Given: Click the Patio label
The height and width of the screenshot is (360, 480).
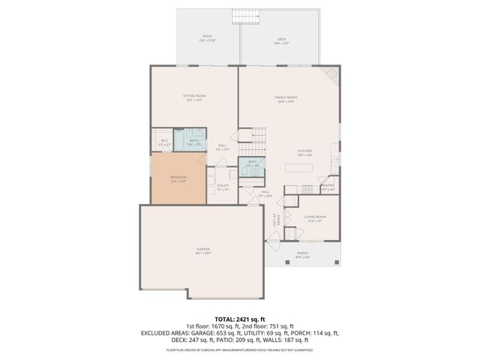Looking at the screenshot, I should point(207,36).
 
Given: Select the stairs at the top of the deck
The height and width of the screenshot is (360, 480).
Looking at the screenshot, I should point(244,16).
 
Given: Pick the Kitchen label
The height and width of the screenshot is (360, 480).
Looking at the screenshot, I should point(304,151).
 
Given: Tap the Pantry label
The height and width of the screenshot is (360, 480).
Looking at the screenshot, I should point(328,186).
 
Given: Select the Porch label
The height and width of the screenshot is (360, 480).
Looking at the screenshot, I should point(302,253).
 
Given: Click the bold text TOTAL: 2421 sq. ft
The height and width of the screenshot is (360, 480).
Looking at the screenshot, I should point(240,319).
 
